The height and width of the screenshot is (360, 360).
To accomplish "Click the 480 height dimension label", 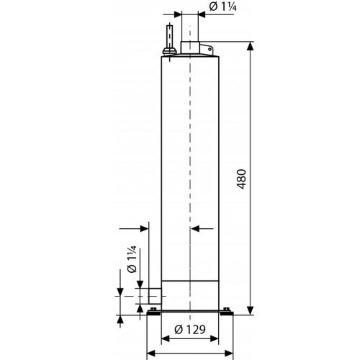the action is [242, 179].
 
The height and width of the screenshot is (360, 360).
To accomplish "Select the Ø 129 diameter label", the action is [190, 330].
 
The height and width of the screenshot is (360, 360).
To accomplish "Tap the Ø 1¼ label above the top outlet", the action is [223, 6].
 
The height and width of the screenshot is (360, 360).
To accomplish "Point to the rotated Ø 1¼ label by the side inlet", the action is [132, 259].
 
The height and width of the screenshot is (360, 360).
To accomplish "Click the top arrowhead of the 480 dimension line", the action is [250, 46].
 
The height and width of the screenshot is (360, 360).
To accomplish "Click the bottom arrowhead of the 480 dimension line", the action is [250, 310].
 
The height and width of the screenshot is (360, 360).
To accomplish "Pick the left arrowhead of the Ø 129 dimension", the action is [166, 339].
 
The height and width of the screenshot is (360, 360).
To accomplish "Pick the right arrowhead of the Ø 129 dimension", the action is [215, 339].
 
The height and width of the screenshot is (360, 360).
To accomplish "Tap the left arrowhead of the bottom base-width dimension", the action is [151, 354].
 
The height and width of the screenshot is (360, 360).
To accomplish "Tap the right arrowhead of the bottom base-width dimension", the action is [229, 354].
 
